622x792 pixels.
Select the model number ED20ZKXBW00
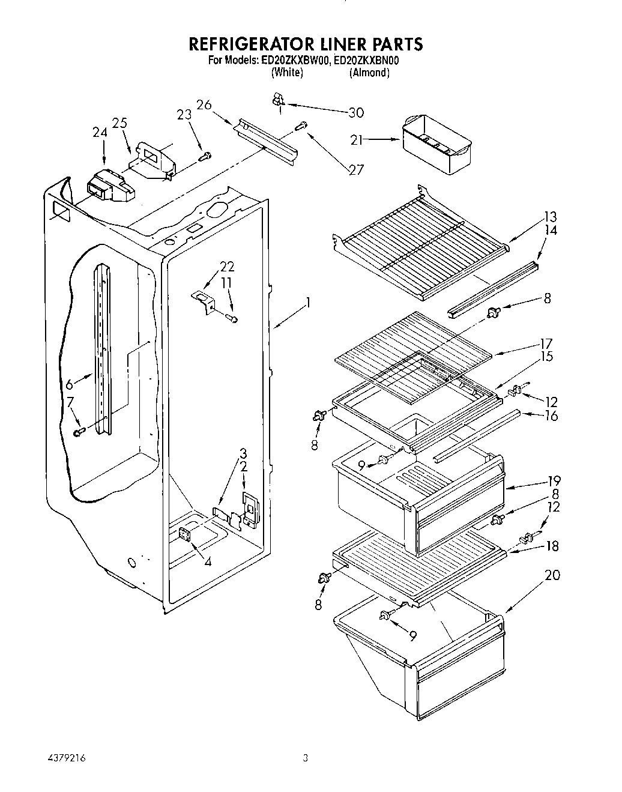pos(295,60)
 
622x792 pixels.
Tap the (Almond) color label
pos(370,73)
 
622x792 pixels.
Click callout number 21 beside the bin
pos(357,140)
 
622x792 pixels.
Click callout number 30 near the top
pos(356,112)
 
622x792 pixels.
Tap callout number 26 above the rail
pos(204,104)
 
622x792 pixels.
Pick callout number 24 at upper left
pos(100,133)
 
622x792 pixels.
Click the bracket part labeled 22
pos(204,300)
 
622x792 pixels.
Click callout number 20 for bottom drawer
pos(552,575)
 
